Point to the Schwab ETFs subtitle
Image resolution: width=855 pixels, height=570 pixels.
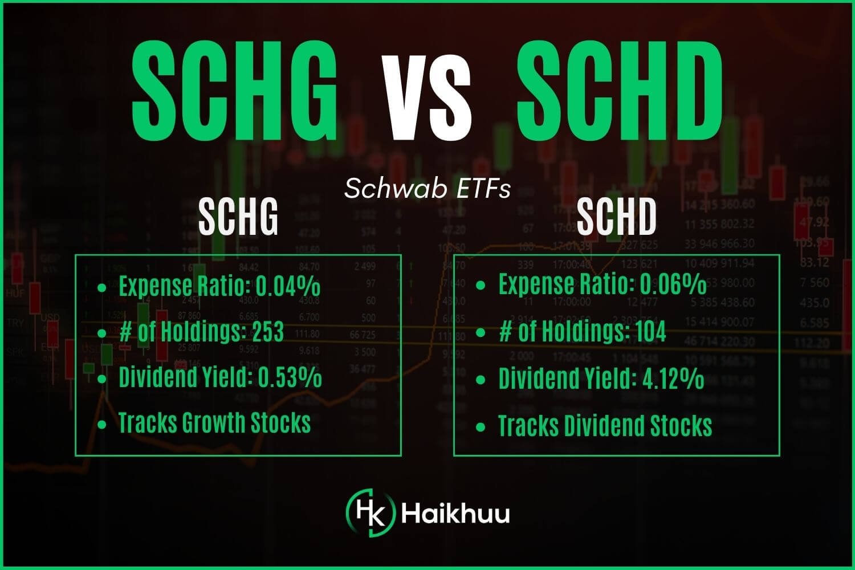tap(427, 189)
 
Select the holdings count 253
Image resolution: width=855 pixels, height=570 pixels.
tap(268, 332)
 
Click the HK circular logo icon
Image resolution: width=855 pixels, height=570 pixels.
tap(370, 512)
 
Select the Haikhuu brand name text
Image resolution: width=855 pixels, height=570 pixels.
tap(455, 513)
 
